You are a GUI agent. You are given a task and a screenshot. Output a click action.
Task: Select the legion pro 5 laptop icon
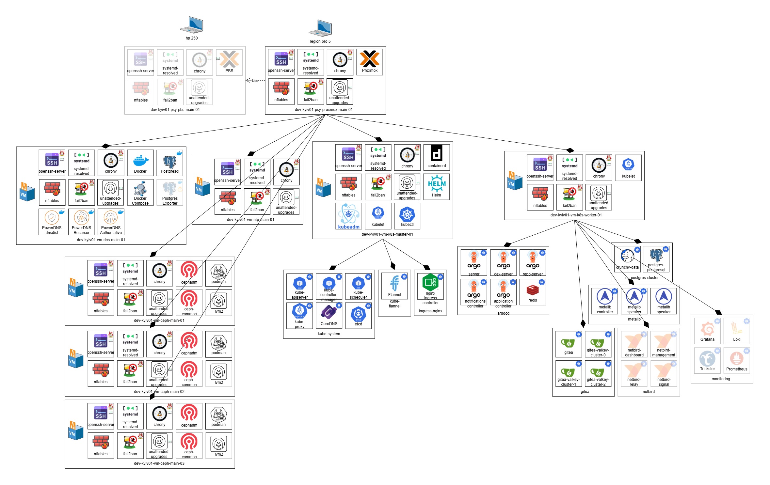pos(320,28)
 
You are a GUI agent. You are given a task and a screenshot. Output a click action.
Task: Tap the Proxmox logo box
pos(369,62)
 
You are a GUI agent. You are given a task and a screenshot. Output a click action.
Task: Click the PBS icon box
pos(229,62)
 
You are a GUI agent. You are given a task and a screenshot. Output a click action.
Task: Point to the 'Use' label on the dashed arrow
pos(255,81)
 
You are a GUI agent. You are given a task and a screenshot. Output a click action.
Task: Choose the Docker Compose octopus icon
pos(140,192)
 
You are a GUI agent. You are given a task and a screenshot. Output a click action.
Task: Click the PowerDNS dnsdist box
pos(52,222)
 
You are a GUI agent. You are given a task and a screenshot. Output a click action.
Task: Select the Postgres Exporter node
pos(170,192)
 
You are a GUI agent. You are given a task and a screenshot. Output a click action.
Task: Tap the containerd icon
pos(437,157)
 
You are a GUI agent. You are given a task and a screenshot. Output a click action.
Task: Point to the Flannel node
pos(394,286)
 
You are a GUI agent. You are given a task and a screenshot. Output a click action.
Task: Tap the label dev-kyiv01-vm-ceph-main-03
pos(159,463)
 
